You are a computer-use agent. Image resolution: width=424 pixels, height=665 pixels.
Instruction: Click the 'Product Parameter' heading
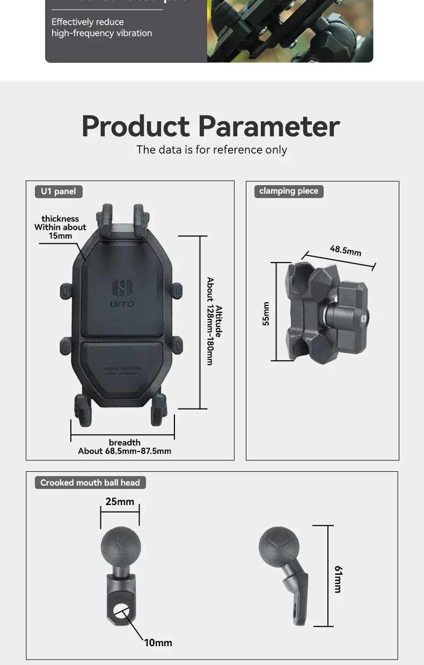(211, 126)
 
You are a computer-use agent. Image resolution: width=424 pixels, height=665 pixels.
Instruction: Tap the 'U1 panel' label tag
(59, 192)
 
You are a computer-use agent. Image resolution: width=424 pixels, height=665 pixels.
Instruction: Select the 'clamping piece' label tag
(289, 191)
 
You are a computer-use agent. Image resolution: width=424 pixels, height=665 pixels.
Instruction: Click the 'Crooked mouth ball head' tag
(90, 483)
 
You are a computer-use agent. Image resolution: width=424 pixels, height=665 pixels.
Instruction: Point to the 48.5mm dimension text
(345, 250)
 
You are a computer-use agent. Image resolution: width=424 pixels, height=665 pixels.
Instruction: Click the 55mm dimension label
(266, 314)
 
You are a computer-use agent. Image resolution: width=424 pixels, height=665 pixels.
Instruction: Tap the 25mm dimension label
(120, 502)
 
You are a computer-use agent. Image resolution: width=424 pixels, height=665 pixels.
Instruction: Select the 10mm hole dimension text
(158, 642)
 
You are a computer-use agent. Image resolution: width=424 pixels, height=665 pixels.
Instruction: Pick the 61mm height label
(338, 579)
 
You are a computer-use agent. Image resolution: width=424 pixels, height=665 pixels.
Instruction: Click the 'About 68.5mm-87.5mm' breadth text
(125, 451)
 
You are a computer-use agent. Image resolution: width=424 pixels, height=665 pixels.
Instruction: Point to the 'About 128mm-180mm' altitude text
(210, 321)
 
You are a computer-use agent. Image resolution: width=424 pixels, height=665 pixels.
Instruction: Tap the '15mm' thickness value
(60, 236)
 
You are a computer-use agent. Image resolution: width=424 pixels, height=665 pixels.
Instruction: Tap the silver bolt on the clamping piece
(365, 317)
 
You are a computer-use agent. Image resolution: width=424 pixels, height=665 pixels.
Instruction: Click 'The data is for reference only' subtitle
(211, 150)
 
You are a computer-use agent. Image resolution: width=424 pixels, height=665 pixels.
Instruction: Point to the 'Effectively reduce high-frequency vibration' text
(102, 27)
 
